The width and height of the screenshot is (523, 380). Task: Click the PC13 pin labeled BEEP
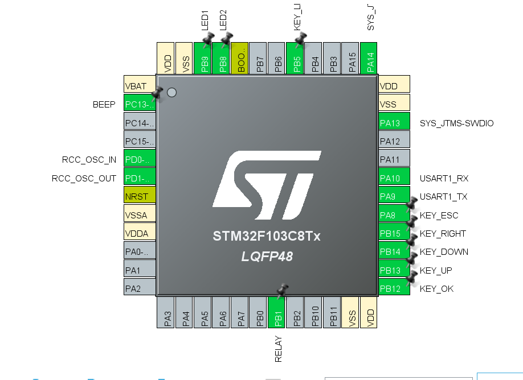140,104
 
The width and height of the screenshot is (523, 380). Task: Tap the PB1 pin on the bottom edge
277,312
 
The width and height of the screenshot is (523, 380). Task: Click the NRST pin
140,196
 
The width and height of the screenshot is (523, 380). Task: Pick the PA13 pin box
394,123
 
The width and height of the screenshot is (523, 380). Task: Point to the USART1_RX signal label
444,178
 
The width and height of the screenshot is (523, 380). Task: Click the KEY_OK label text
436,288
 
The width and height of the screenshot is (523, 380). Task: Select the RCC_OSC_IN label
89,159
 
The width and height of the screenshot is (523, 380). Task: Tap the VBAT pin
140,86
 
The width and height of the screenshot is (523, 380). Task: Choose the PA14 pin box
369,59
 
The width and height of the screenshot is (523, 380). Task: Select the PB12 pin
394,288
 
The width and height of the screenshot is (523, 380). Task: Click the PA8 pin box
394,215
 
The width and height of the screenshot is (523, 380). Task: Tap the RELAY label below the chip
279,349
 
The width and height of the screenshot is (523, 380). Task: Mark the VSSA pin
140,214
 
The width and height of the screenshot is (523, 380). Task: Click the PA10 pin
394,178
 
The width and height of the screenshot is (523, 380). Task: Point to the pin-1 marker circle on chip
171,92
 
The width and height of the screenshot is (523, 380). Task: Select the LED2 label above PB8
223,20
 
